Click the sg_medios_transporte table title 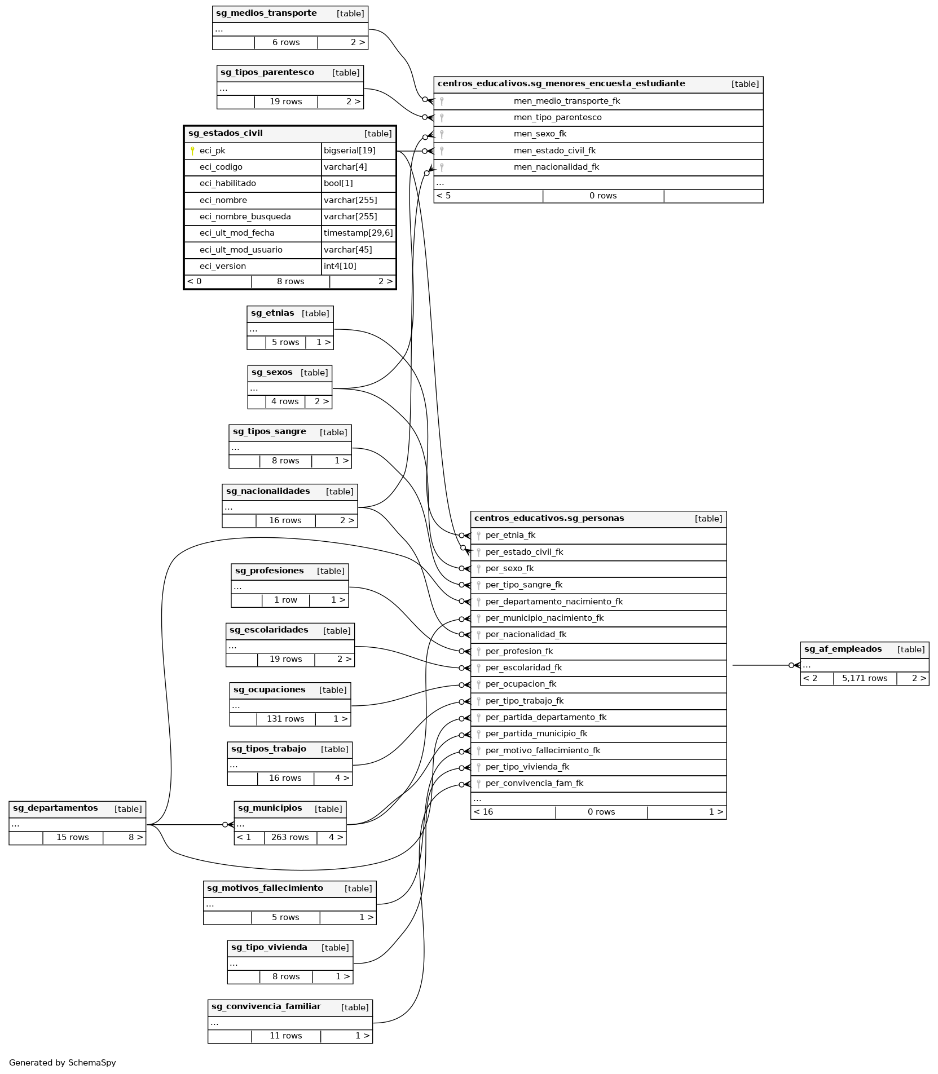coord(266,14)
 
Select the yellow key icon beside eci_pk coord(192,151)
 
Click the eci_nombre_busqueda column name coord(245,216)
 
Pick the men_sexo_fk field coord(540,134)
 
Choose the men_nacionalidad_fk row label coord(556,167)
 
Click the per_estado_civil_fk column coord(524,552)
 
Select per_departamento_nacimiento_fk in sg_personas coord(554,602)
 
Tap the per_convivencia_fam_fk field coord(534,783)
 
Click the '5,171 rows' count coord(864,678)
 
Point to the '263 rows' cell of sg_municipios coord(290,837)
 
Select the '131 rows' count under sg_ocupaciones coord(285,719)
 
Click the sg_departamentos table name coord(55,808)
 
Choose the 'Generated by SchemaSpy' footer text coord(63,1063)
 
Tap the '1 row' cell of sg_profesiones coord(285,600)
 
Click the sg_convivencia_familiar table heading coord(266,1006)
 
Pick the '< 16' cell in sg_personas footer coord(483,812)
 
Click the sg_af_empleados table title coord(843,649)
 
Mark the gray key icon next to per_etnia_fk coord(478,536)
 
